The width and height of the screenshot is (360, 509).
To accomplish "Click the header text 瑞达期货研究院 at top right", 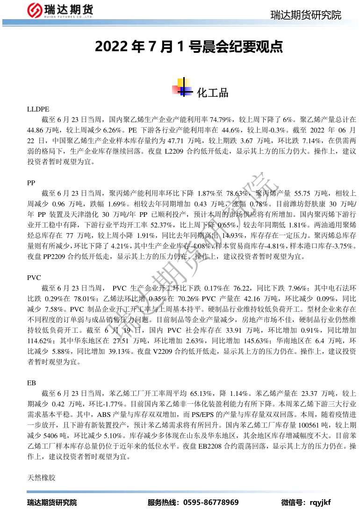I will [306, 15].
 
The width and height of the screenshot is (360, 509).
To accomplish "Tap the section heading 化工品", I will [213, 93].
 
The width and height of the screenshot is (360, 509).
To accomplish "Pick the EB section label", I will [32, 383].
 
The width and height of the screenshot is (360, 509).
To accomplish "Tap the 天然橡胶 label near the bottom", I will [42, 478].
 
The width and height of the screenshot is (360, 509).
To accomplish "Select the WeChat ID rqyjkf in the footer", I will [320, 502].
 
